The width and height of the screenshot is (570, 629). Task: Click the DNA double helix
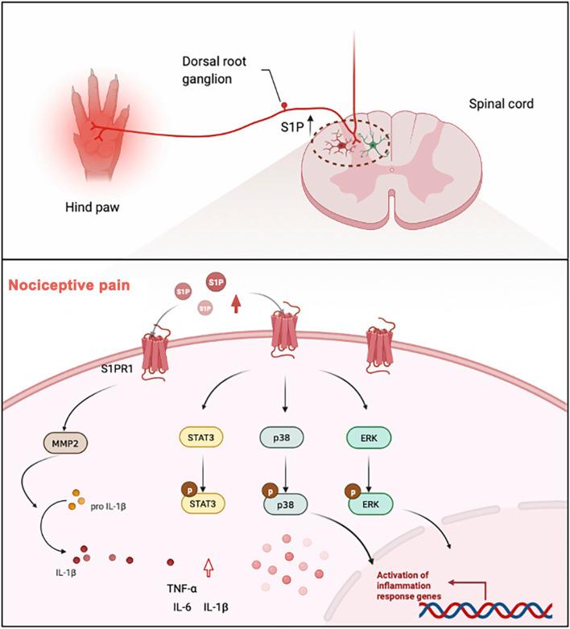pyautogui.click(x=487, y=608)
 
